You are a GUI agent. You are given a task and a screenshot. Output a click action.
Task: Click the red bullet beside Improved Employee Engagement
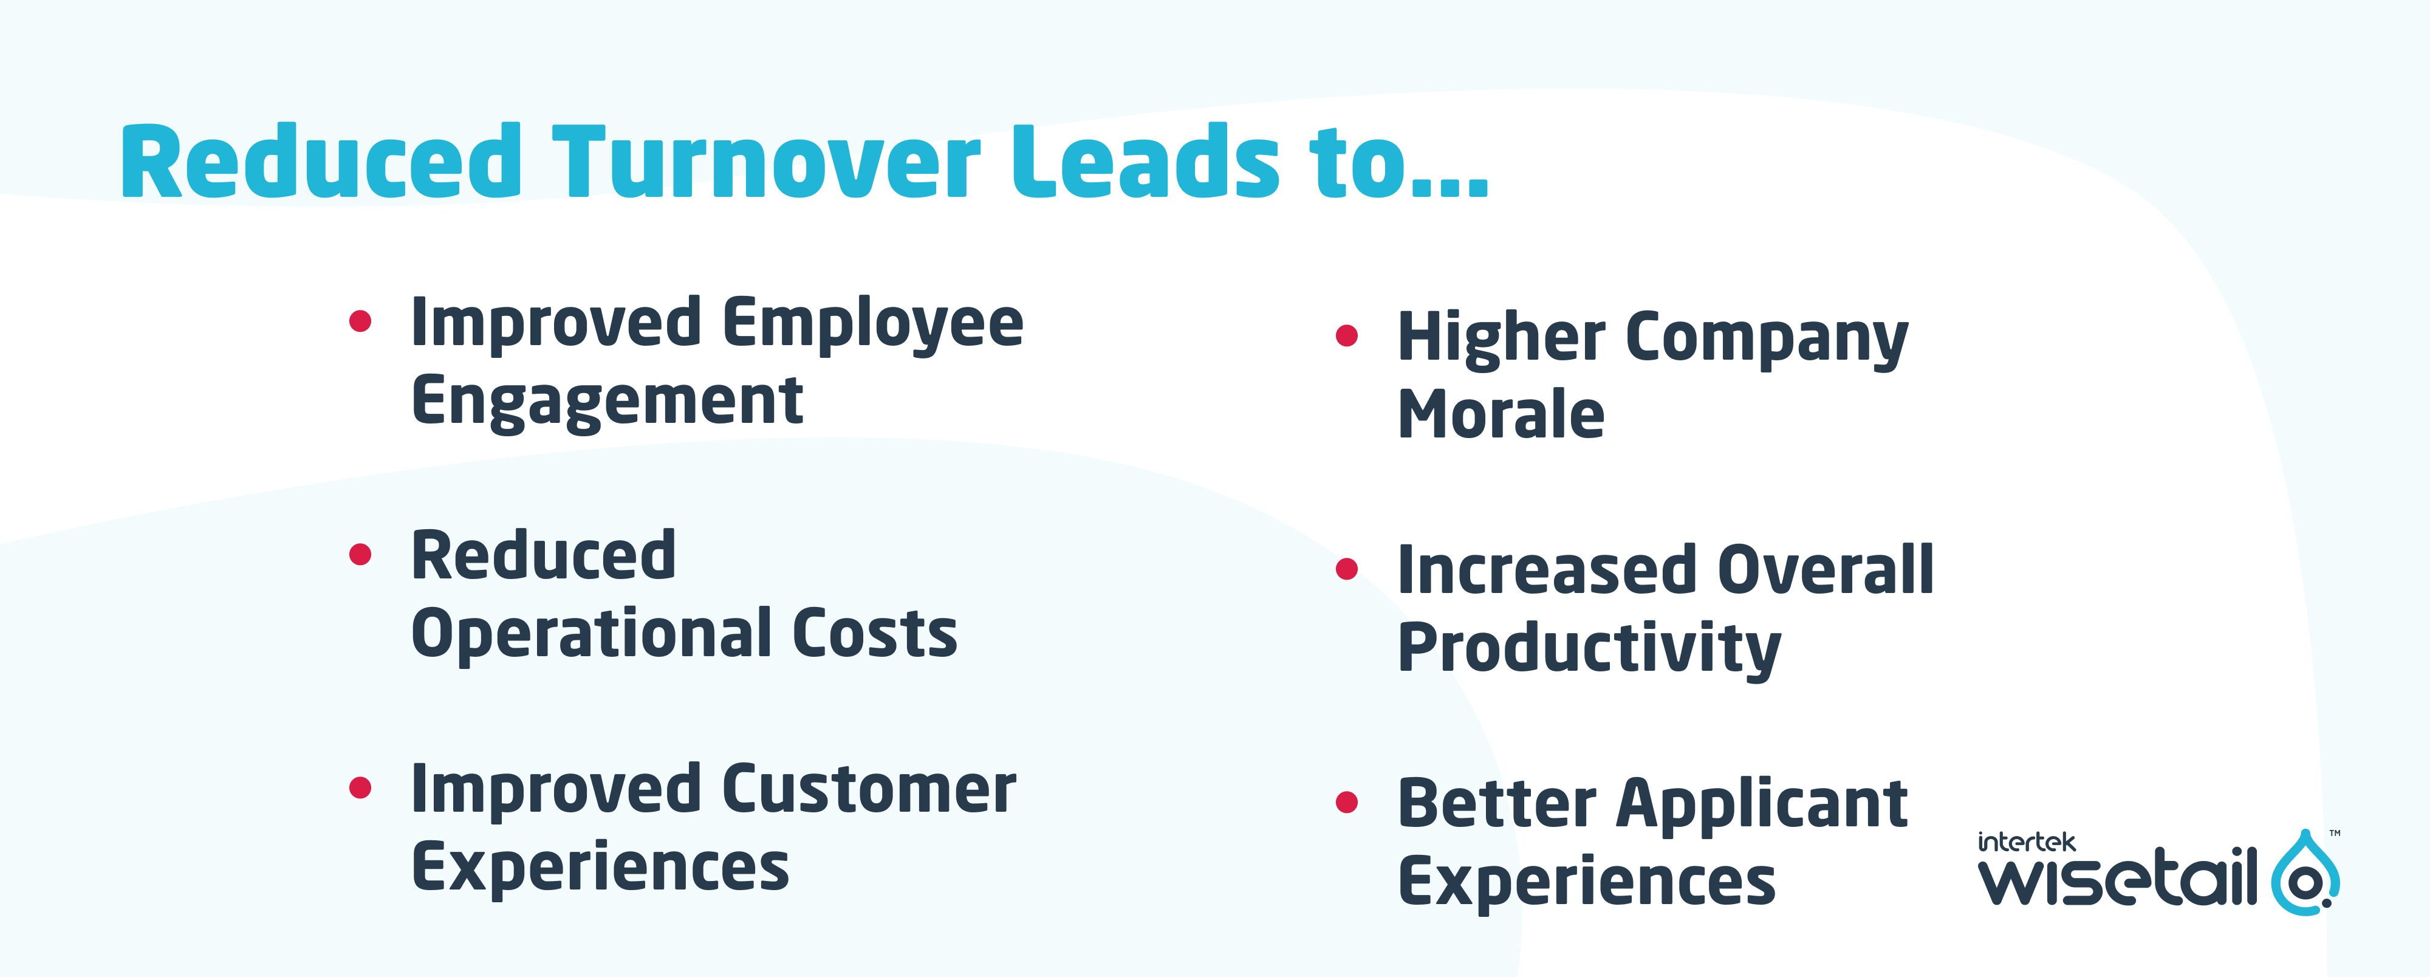pos(360,321)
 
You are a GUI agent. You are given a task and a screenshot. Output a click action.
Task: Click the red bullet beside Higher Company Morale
pos(1347,336)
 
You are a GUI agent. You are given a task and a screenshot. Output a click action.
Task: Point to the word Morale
pos(1501,415)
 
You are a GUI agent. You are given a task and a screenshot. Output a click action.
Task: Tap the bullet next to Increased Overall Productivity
pos(1347,569)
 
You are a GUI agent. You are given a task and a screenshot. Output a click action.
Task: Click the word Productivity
pos(1589,649)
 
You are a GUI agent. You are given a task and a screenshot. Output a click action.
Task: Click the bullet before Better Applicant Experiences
pos(1347,803)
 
